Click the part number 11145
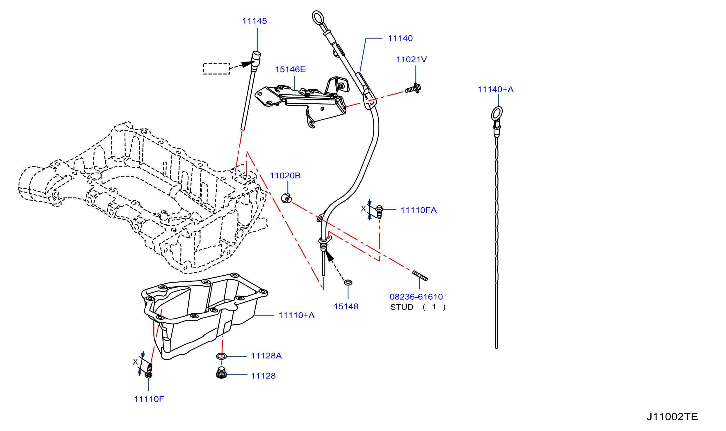(x=255, y=21)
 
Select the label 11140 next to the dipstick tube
(x=400, y=38)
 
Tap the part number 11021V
(x=411, y=59)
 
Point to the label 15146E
(x=290, y=69)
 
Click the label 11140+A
(x=495, y=89)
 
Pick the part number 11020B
(x=285, y=175)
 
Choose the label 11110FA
(x=419, y=210)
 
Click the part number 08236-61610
(x=416, y=297)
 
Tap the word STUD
(x=402, y=307)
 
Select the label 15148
(x=346, y=306)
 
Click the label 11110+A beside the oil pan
(x=296, y=315)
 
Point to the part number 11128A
(x=266, y=355)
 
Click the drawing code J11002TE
(x=672, y=417)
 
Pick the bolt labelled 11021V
(x=413, y=88)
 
